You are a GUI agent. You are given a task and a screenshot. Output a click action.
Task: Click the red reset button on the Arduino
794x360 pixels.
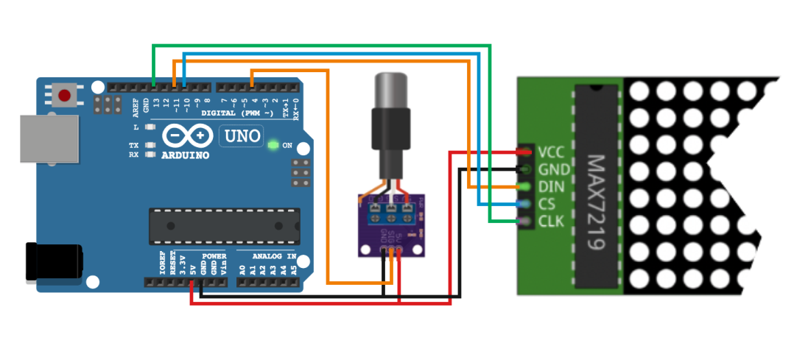pos(65,95)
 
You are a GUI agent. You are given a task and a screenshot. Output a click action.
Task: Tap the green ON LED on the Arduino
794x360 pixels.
pos(273,145)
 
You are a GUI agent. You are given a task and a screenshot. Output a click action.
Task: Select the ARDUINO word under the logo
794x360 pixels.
pos(185,155)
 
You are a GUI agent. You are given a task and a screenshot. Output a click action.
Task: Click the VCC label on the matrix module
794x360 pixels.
pos(551,152)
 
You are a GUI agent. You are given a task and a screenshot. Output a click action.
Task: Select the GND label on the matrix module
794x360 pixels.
pos(552,169)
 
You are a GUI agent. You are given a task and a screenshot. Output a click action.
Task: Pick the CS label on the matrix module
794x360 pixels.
pos(547,204)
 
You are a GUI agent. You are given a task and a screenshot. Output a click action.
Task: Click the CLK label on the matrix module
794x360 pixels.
pos(551,221)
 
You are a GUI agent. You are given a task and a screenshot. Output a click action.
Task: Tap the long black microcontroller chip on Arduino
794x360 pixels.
pos(225,225)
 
